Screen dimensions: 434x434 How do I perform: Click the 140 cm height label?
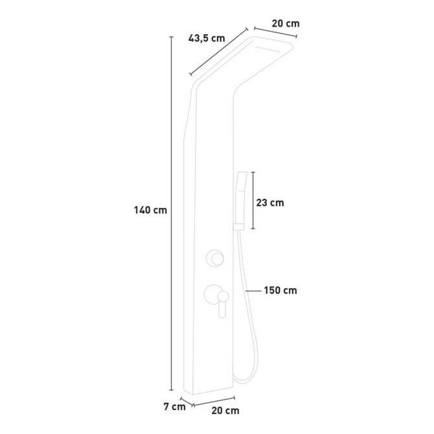pyautogui.click(x=151, y=210)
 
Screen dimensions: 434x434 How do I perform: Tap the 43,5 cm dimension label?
pyautogui.click(x=207, y=38)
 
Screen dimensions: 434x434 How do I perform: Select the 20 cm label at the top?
pyautogui.click(x=286, y=23)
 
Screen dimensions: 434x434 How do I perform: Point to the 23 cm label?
pyautogui.click(x=270, y=203)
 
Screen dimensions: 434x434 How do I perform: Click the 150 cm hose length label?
pyautogui.click(x=280, y=290)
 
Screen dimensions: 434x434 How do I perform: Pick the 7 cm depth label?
pyautogui.click(x=174, y=407)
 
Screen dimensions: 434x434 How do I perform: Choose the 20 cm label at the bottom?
pyautogui.click(x=225, y=411)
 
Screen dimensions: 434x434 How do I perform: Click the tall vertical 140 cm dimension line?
pyautogui.click(x=171, y=213)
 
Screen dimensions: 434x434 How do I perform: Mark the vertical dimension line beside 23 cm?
pyautogui.click(x=253, y=201)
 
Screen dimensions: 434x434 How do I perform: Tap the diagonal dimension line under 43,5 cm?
pyautogui.click(x=218, y=51)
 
